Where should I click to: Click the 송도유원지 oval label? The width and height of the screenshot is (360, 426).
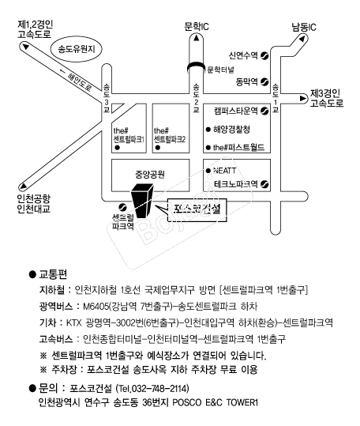pyautogui.click(x=77, y=50)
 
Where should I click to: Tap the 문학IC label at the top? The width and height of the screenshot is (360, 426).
pyautogui.click(x=197, y=26)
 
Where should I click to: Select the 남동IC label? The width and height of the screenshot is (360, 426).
pyautogui.click(x=304, y=27)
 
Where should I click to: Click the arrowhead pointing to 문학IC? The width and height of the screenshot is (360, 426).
pyautogui.click(x=197, y=38)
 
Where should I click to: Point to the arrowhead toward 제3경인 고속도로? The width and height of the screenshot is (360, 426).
pyautogui.click(x=302, y=99)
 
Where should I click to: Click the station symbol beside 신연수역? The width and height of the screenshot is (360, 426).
pyautogui.click(x=264, y=55)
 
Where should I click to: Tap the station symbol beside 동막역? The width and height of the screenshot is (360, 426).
pyautogui.click(x=264, y=81)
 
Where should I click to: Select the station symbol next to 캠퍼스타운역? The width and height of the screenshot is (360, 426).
pyautogui.click(x=264, y=111)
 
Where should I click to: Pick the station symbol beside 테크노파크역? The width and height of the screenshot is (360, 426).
pyautogui.click(x=264, y=184)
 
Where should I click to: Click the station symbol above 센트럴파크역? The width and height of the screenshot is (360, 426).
pyautogui.click(x=123, y=207)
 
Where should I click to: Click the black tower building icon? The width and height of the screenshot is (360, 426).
pyautogui.click(x=142, y=201)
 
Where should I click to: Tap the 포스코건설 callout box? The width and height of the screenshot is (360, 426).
pyautogui.click(x=197, y=210)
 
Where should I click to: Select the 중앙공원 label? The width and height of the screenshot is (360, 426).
pyautogui.click(x=150, y=174)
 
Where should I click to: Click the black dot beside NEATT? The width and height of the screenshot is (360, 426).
pyautogui.click(x=208, y=171)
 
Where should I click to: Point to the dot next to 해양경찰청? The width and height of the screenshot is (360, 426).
pyautogui.click(x=208, y=130)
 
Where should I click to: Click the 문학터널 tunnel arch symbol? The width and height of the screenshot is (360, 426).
pyautogui.click(x=197, y=66)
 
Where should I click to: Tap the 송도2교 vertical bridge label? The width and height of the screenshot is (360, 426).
pyautogui.click(x=196, y=98)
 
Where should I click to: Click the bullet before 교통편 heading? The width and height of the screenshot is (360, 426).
pyautogui.click(x=32, y=274)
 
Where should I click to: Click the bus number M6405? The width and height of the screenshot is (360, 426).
pyautogui.click(x=96, y=307)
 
